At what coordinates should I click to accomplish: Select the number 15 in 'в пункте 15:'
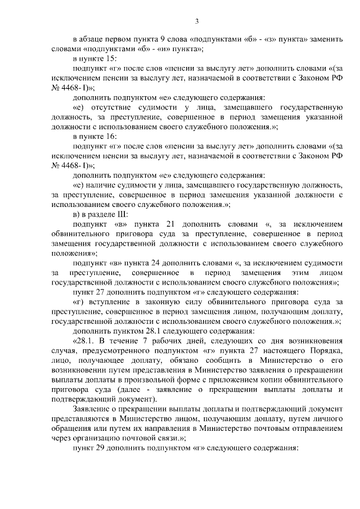(x=110, y=58)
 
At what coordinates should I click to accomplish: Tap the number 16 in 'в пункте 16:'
(x=110, y=137)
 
